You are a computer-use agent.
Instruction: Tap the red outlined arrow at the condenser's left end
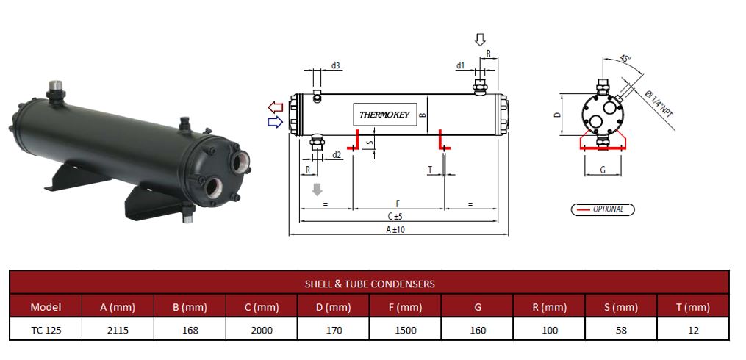(x=276, y=108)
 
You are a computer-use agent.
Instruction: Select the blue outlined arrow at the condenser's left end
(x=276, y=122)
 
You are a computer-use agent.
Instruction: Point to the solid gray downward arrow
(x=317, y=190)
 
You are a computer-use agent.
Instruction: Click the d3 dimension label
(x=335, y=65)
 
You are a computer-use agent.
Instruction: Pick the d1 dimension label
(x=460, y=65)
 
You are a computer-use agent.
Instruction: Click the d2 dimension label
(x=337, y=154)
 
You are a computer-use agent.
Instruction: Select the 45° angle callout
(x=625, y=59)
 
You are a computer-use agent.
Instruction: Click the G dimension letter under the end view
(x=603, y=170)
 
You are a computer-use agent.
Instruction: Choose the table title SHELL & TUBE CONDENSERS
(x=370, y=283)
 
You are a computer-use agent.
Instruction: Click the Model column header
(x=46, y=307)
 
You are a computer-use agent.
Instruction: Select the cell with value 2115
(x=118, y=331)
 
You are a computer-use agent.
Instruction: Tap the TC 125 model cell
(x=46, y=331)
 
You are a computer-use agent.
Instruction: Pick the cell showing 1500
(x=405, y=331)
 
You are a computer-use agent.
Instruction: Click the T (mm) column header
(x=692, y=307)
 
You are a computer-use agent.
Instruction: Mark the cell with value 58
(x=621, y=331)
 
